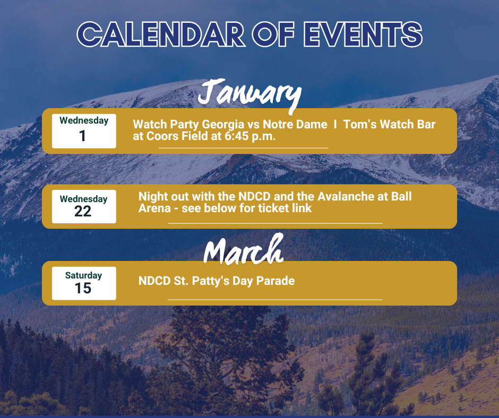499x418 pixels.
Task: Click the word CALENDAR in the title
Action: [x=161, y=34]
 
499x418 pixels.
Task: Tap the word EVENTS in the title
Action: [x=363, y=34]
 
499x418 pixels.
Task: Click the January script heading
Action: [x=249, y=95]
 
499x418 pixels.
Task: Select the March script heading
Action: [x=244, y=249]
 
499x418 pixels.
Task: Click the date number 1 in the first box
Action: [x=82, y=136]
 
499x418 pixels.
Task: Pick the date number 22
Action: [x=83, y=211]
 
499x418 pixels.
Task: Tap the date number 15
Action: [x=83, y=288]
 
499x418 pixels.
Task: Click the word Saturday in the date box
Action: [x=84, y=275]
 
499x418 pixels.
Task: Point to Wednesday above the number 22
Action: [x=84, y=199]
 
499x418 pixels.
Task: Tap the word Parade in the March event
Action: [x=276, y=281]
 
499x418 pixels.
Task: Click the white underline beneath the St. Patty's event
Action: [x=275, y=300]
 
